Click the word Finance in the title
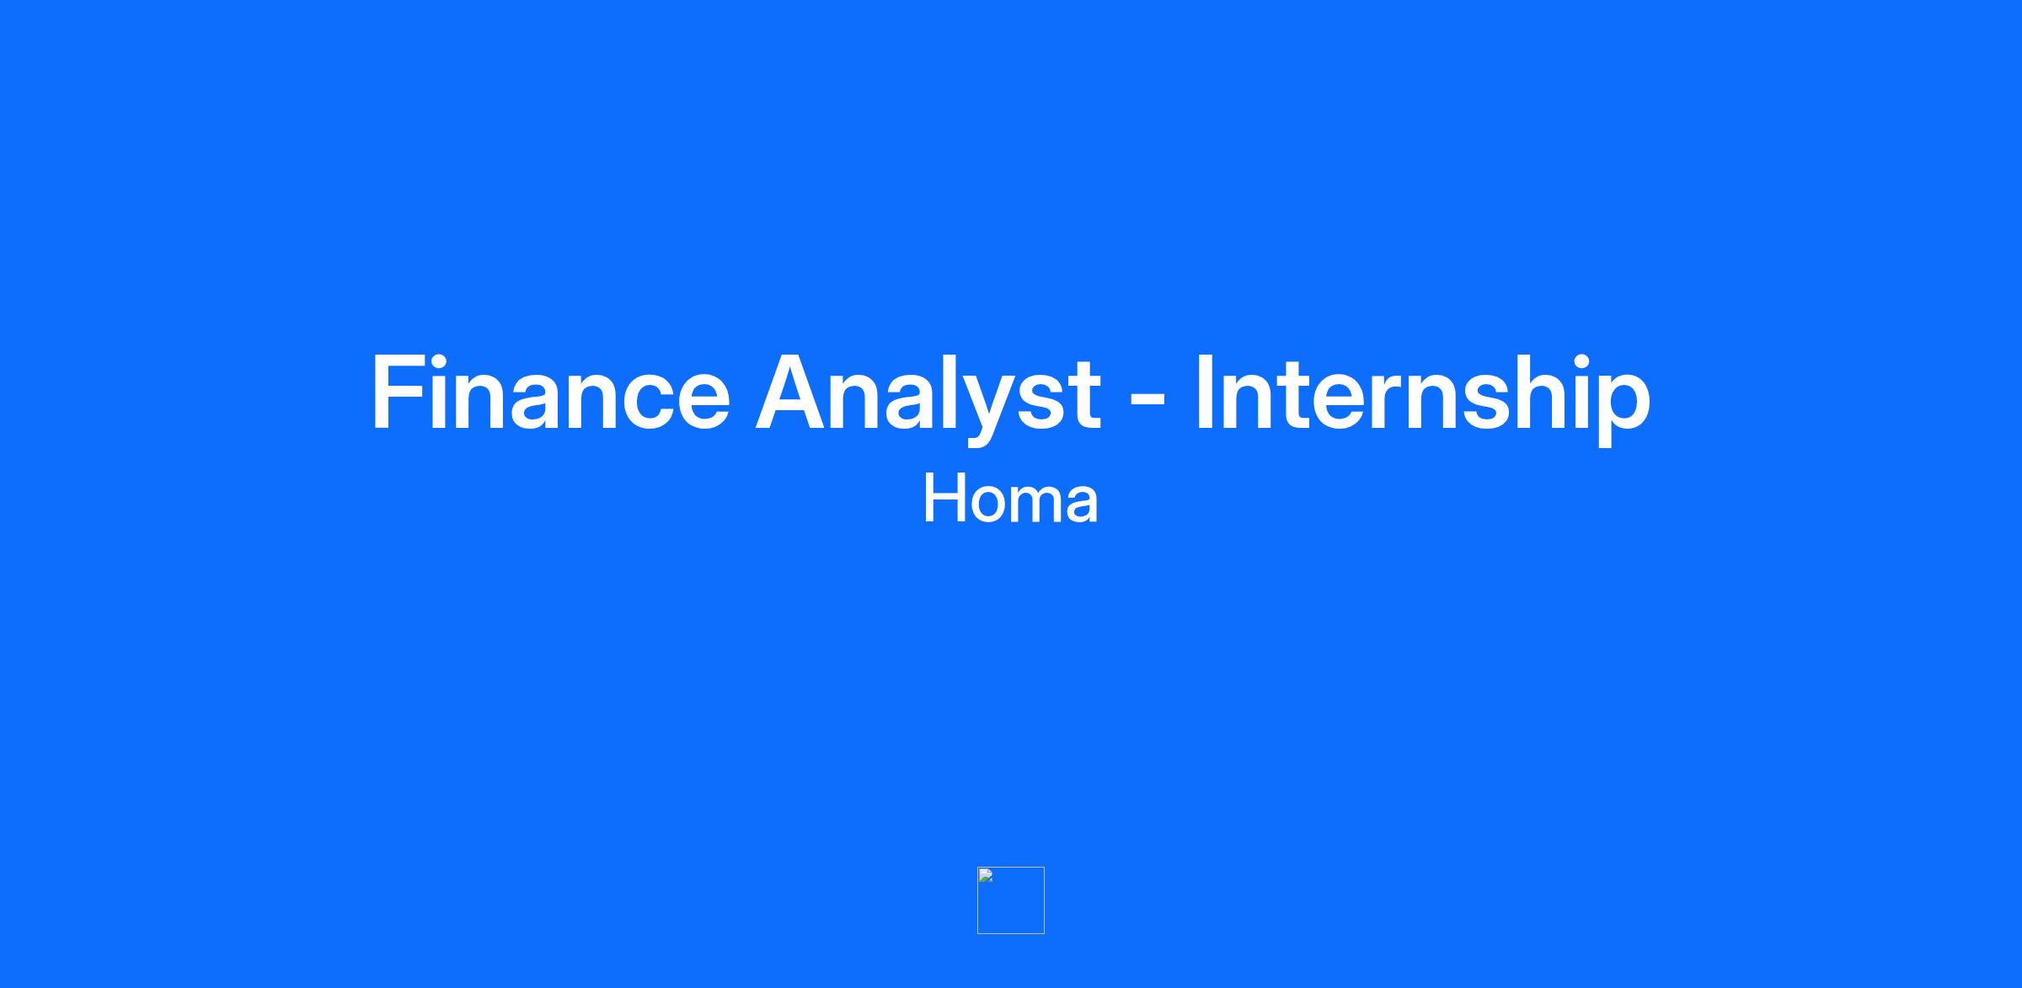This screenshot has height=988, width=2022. coord(551,393)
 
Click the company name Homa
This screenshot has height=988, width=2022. coord(1011,499)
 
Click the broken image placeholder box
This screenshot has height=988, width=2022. coord(1011,900)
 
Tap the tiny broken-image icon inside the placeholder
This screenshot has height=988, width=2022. coord(986,876)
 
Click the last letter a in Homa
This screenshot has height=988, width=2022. coord(1082,505)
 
